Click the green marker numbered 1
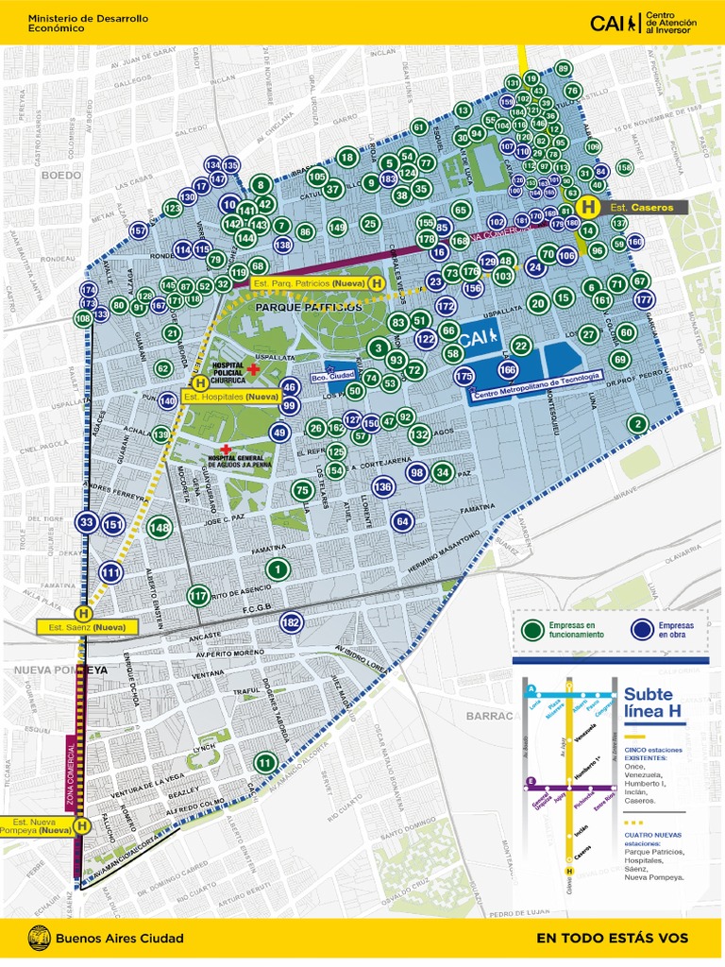[277, 568]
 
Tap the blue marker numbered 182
[291, 622]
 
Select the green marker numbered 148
[160, 527]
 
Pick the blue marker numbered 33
[87, 522]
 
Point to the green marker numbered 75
[302, 489]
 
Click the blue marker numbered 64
[402, 520]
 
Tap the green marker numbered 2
[638, 424]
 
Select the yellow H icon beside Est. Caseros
[589, 207]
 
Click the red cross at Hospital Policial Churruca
[253, 369]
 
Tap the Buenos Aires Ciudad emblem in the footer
[40, 938]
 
